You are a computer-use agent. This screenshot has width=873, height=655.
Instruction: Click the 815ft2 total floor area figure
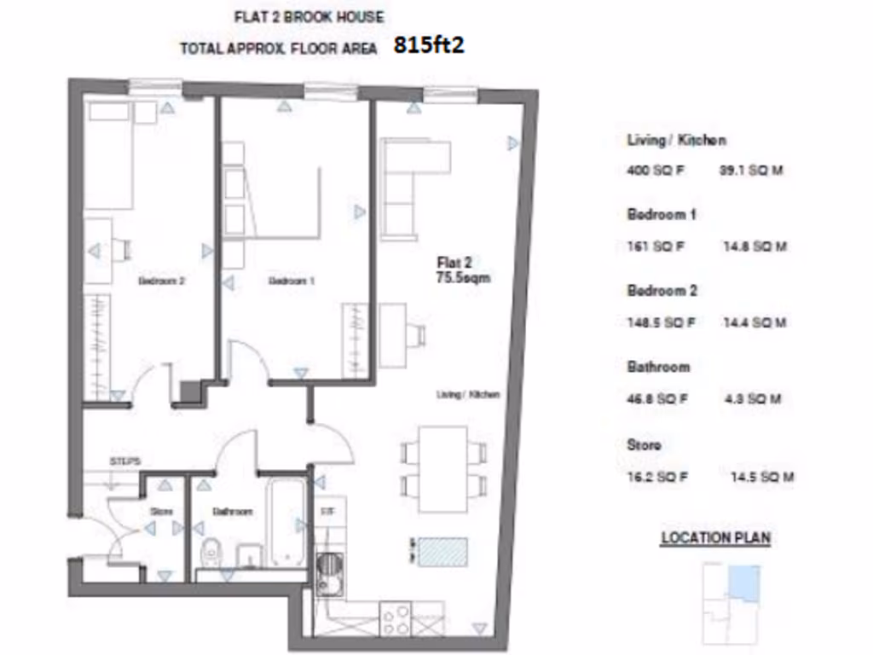coord(429,46)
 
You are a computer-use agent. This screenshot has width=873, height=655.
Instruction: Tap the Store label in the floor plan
coord(162,512)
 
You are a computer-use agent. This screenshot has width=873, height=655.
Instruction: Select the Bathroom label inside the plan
coord(232,512)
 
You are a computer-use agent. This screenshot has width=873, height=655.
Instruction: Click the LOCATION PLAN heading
coord(715,538)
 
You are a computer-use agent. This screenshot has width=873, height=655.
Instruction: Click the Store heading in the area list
coord(644,445)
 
